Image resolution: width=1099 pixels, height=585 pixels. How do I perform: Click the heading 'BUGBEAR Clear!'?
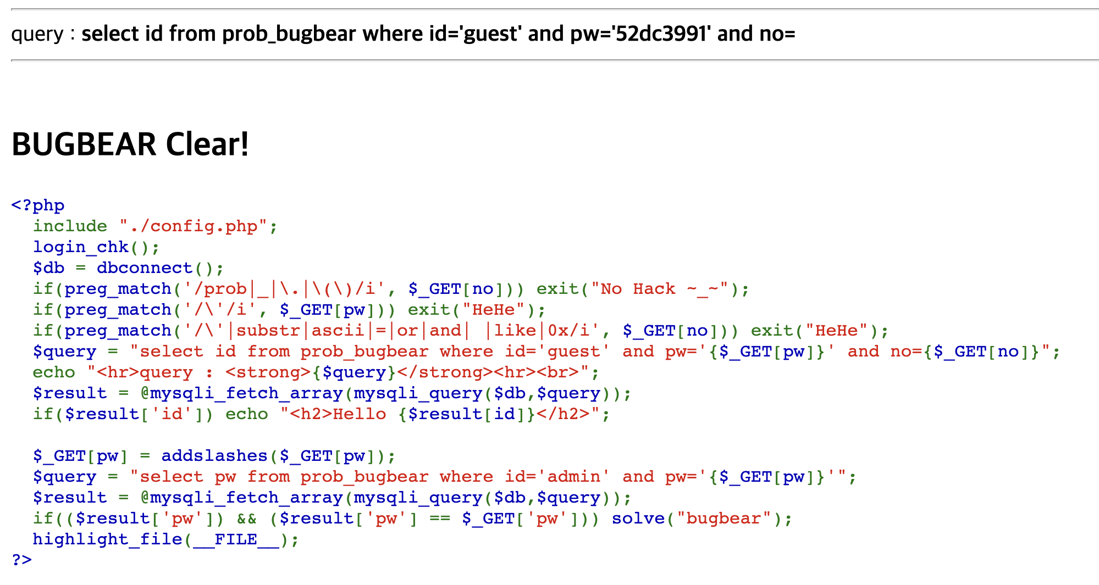coord(130,144)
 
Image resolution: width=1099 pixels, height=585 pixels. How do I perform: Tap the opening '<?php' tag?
coord(38,205)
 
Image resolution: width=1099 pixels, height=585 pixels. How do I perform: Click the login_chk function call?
coord(80,247)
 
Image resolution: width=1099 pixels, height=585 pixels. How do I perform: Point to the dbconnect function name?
coord(145,268)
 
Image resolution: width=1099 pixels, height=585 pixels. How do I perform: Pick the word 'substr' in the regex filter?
coord(268,331)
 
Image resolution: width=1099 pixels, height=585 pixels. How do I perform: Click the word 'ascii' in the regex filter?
coord(338,331)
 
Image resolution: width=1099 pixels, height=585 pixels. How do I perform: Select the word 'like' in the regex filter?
coord(515,331)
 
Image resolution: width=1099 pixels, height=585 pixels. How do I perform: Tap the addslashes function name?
coord(214,456)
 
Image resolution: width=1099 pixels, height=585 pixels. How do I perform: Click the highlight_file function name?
coord(107,539)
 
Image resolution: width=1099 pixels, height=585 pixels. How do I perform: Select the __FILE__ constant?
coord(236,539)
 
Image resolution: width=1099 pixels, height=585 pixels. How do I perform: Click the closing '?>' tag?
coord(22,560)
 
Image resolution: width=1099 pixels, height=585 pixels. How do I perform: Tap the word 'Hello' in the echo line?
coord(360,414)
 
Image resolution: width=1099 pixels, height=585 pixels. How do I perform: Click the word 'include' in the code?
coord(70,226)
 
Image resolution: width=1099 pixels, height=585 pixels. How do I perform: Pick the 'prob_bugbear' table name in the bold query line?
coord(289,34)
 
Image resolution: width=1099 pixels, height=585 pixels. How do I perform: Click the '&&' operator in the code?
coord(247,519)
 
